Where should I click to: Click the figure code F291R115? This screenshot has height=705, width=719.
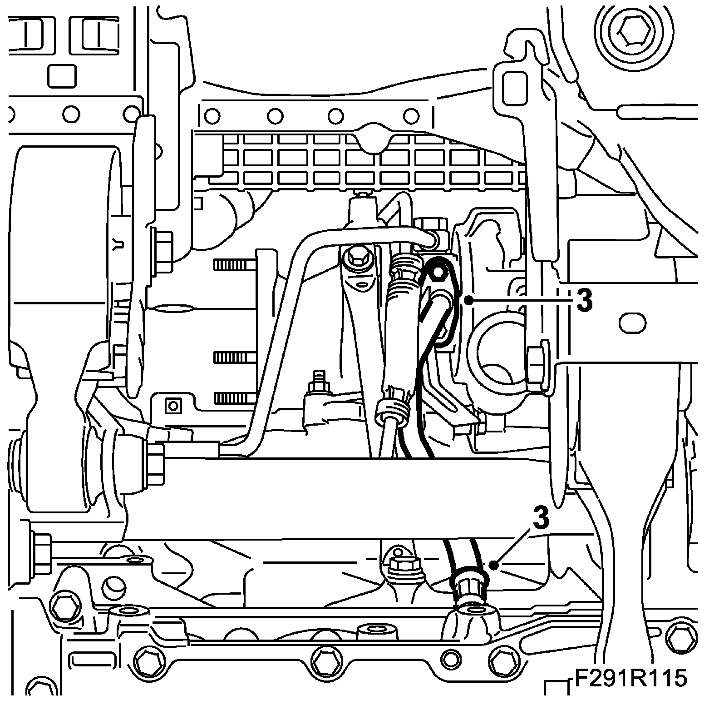click(x=631, y=680)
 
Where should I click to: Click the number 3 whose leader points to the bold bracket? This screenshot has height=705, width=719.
click(x=584, y=300)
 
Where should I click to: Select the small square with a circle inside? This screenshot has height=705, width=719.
click(x=172, y=404)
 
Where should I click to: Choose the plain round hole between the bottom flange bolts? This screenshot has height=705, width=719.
click(x=450, y=656)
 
